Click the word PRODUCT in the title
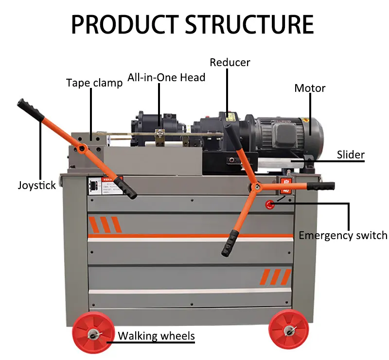[x=124, y=24]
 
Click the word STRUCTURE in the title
[x=249, y=24]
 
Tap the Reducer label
[x=230, y=63]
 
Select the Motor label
[x=310, y=88]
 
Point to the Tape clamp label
[x=94, y=83]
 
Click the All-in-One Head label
[x=166, y=77]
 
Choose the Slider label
[x=351, y=155]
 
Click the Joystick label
[x=37, y=185]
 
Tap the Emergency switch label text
[x=343, y=236]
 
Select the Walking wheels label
[x=156, y=336]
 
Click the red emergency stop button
[x=269, y=205]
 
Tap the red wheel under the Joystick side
[x=92, y=335]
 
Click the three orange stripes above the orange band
[x=105, y=225]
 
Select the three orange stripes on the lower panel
[x=275, y=277]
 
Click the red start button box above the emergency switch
[x=284, y=185]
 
